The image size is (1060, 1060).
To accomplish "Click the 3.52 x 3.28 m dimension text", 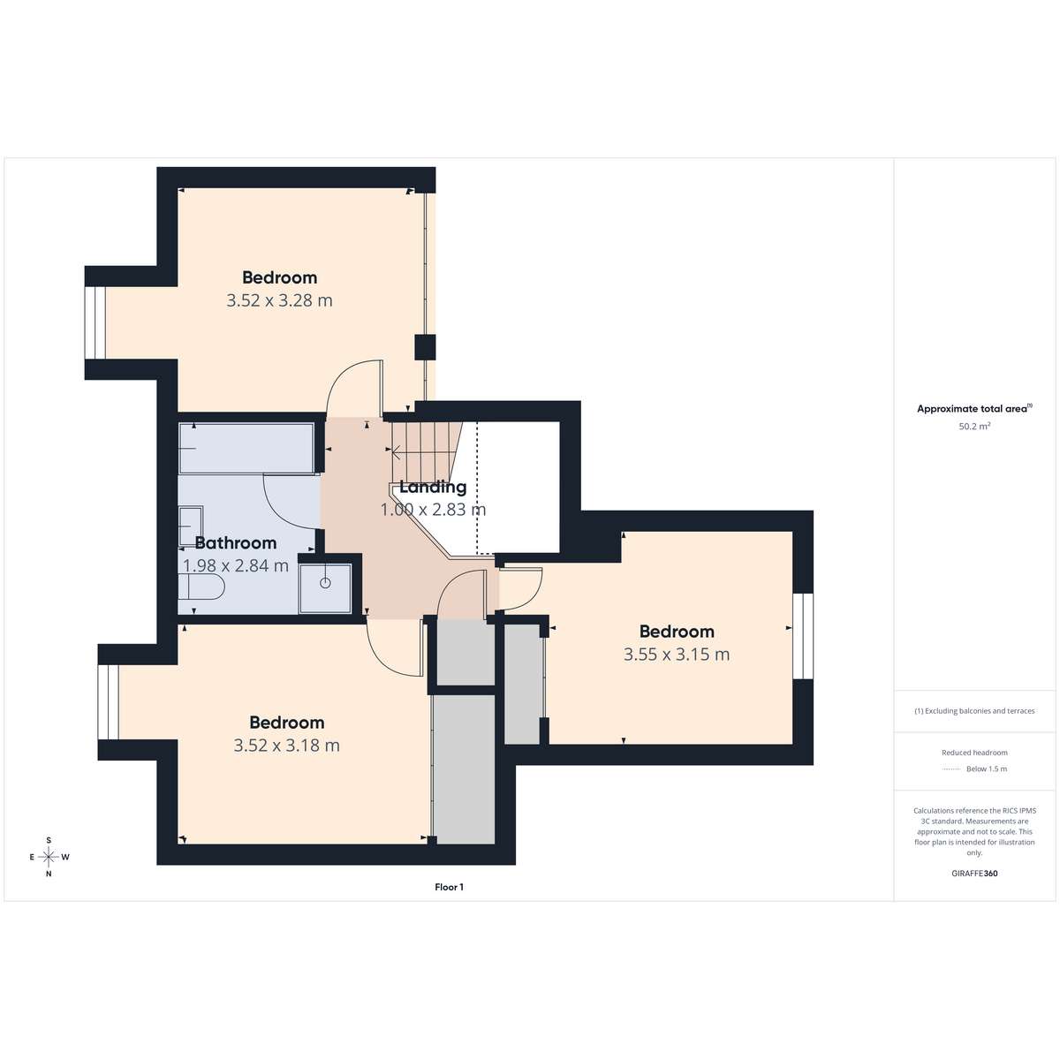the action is tap(279, 301).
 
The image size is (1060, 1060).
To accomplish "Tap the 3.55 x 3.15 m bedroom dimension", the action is tap(677, 655).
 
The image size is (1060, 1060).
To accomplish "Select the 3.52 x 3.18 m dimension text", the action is tap(286, 746).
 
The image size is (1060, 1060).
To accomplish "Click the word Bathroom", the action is tap(236, 543).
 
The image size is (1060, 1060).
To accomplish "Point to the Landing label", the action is tap(433, 488).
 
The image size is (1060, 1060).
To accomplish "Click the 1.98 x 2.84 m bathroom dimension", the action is tap(236, 565).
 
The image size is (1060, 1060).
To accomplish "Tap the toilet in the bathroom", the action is tap(201, 587).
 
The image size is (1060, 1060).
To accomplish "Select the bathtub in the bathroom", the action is tap(247, 448).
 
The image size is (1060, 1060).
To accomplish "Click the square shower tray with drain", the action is tap(325, 588).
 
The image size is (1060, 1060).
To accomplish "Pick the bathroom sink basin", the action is tap(191, 526).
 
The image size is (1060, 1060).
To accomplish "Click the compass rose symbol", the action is tap(49, 857).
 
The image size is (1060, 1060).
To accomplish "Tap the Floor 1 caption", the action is tap(450, 887).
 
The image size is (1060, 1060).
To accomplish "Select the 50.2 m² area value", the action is tap(974, 426).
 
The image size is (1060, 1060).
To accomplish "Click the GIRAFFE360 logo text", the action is tap(974, 873).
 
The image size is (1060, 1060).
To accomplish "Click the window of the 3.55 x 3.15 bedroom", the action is tap(803, 636).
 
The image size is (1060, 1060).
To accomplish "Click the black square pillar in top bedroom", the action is tap(425, 347).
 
